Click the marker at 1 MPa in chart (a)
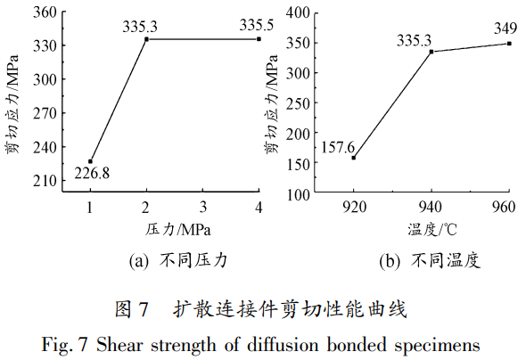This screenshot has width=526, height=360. point(90,161)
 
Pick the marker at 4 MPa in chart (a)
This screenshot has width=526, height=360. point(259,39)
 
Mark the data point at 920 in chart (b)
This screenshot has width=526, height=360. point(353,158)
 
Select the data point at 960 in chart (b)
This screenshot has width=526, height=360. point(509,43)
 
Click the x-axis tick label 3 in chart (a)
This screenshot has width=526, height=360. point(202,208)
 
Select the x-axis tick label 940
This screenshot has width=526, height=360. point(431,208)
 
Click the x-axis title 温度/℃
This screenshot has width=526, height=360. point(432,229)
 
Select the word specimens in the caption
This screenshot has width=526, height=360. point(440,342)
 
